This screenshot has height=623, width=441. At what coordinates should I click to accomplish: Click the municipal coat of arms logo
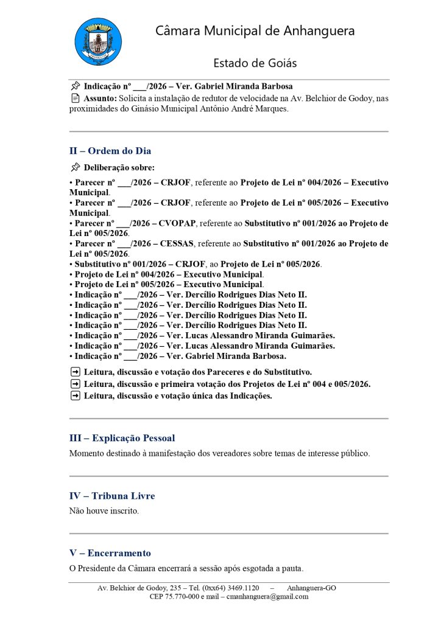(x=97, y=42)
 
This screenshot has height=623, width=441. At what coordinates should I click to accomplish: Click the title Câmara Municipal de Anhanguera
(x=255, y=31)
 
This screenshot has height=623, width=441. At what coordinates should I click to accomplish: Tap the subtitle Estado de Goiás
(x=255, y=63)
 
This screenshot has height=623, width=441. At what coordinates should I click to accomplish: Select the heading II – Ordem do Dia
(x=110, y=151)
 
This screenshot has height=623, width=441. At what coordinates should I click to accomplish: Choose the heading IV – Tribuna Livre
(x=112, y=496)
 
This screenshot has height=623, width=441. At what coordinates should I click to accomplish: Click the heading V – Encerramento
(x=110, y=553)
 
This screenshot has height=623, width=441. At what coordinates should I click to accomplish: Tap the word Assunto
(x=100, y=98)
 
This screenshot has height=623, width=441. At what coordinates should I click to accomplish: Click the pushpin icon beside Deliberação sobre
(x=75, y=167)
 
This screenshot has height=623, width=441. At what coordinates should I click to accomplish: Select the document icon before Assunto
(x=75, y=98)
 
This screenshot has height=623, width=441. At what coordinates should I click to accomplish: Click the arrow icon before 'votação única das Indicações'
(x=75, y=396)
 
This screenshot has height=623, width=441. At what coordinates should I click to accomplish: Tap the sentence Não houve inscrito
(x=104, y=510)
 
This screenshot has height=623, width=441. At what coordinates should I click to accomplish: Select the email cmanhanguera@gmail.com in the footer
(x=267, y=597)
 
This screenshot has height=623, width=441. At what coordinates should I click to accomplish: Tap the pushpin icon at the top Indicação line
(x=75, y=86)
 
